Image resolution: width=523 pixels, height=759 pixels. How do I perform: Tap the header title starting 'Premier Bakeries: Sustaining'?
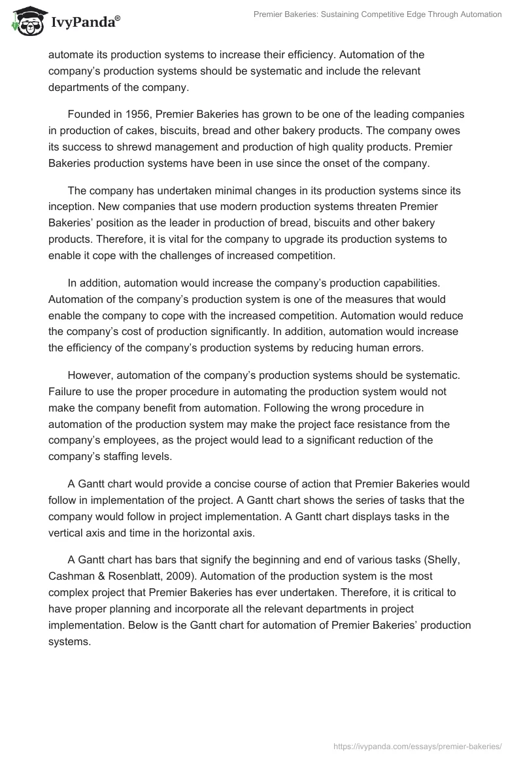click(378, 14)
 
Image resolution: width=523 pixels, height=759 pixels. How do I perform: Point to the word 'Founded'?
click(90, 115)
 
